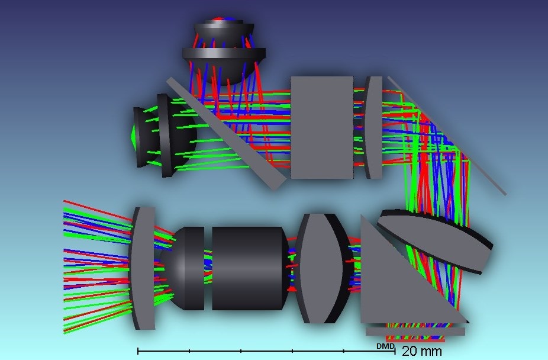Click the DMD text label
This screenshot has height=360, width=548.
(x=385, y=346)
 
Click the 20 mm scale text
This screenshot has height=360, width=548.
(x=421, y=351)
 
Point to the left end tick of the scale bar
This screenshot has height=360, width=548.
(x=138, y=351)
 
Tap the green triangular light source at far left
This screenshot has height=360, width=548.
(x=133, y=136)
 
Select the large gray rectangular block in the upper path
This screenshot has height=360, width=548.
(x=321, y=127)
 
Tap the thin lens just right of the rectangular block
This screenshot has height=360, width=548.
(x=374, y=127)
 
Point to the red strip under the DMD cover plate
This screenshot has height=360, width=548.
(x=414, y=340)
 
